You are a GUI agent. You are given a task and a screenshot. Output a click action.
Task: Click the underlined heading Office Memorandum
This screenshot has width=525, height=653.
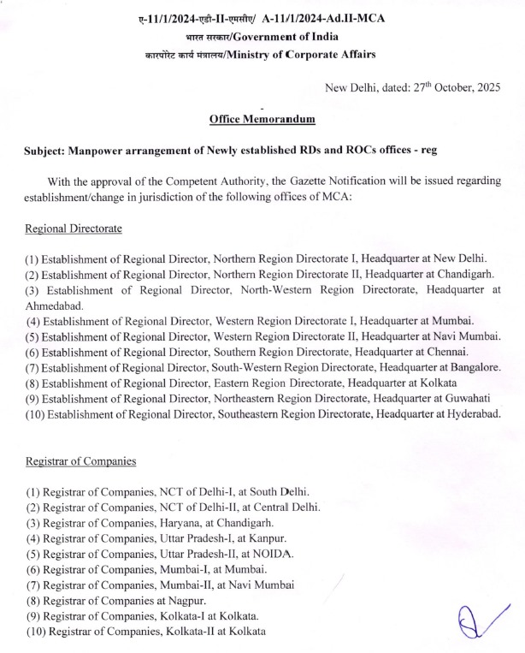(x=262, y=120)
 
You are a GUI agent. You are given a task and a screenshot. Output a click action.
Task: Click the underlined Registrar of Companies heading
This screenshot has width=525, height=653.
(x=80, y=462)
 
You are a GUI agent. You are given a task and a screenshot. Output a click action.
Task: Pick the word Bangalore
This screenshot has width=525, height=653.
(x=475, y=368)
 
